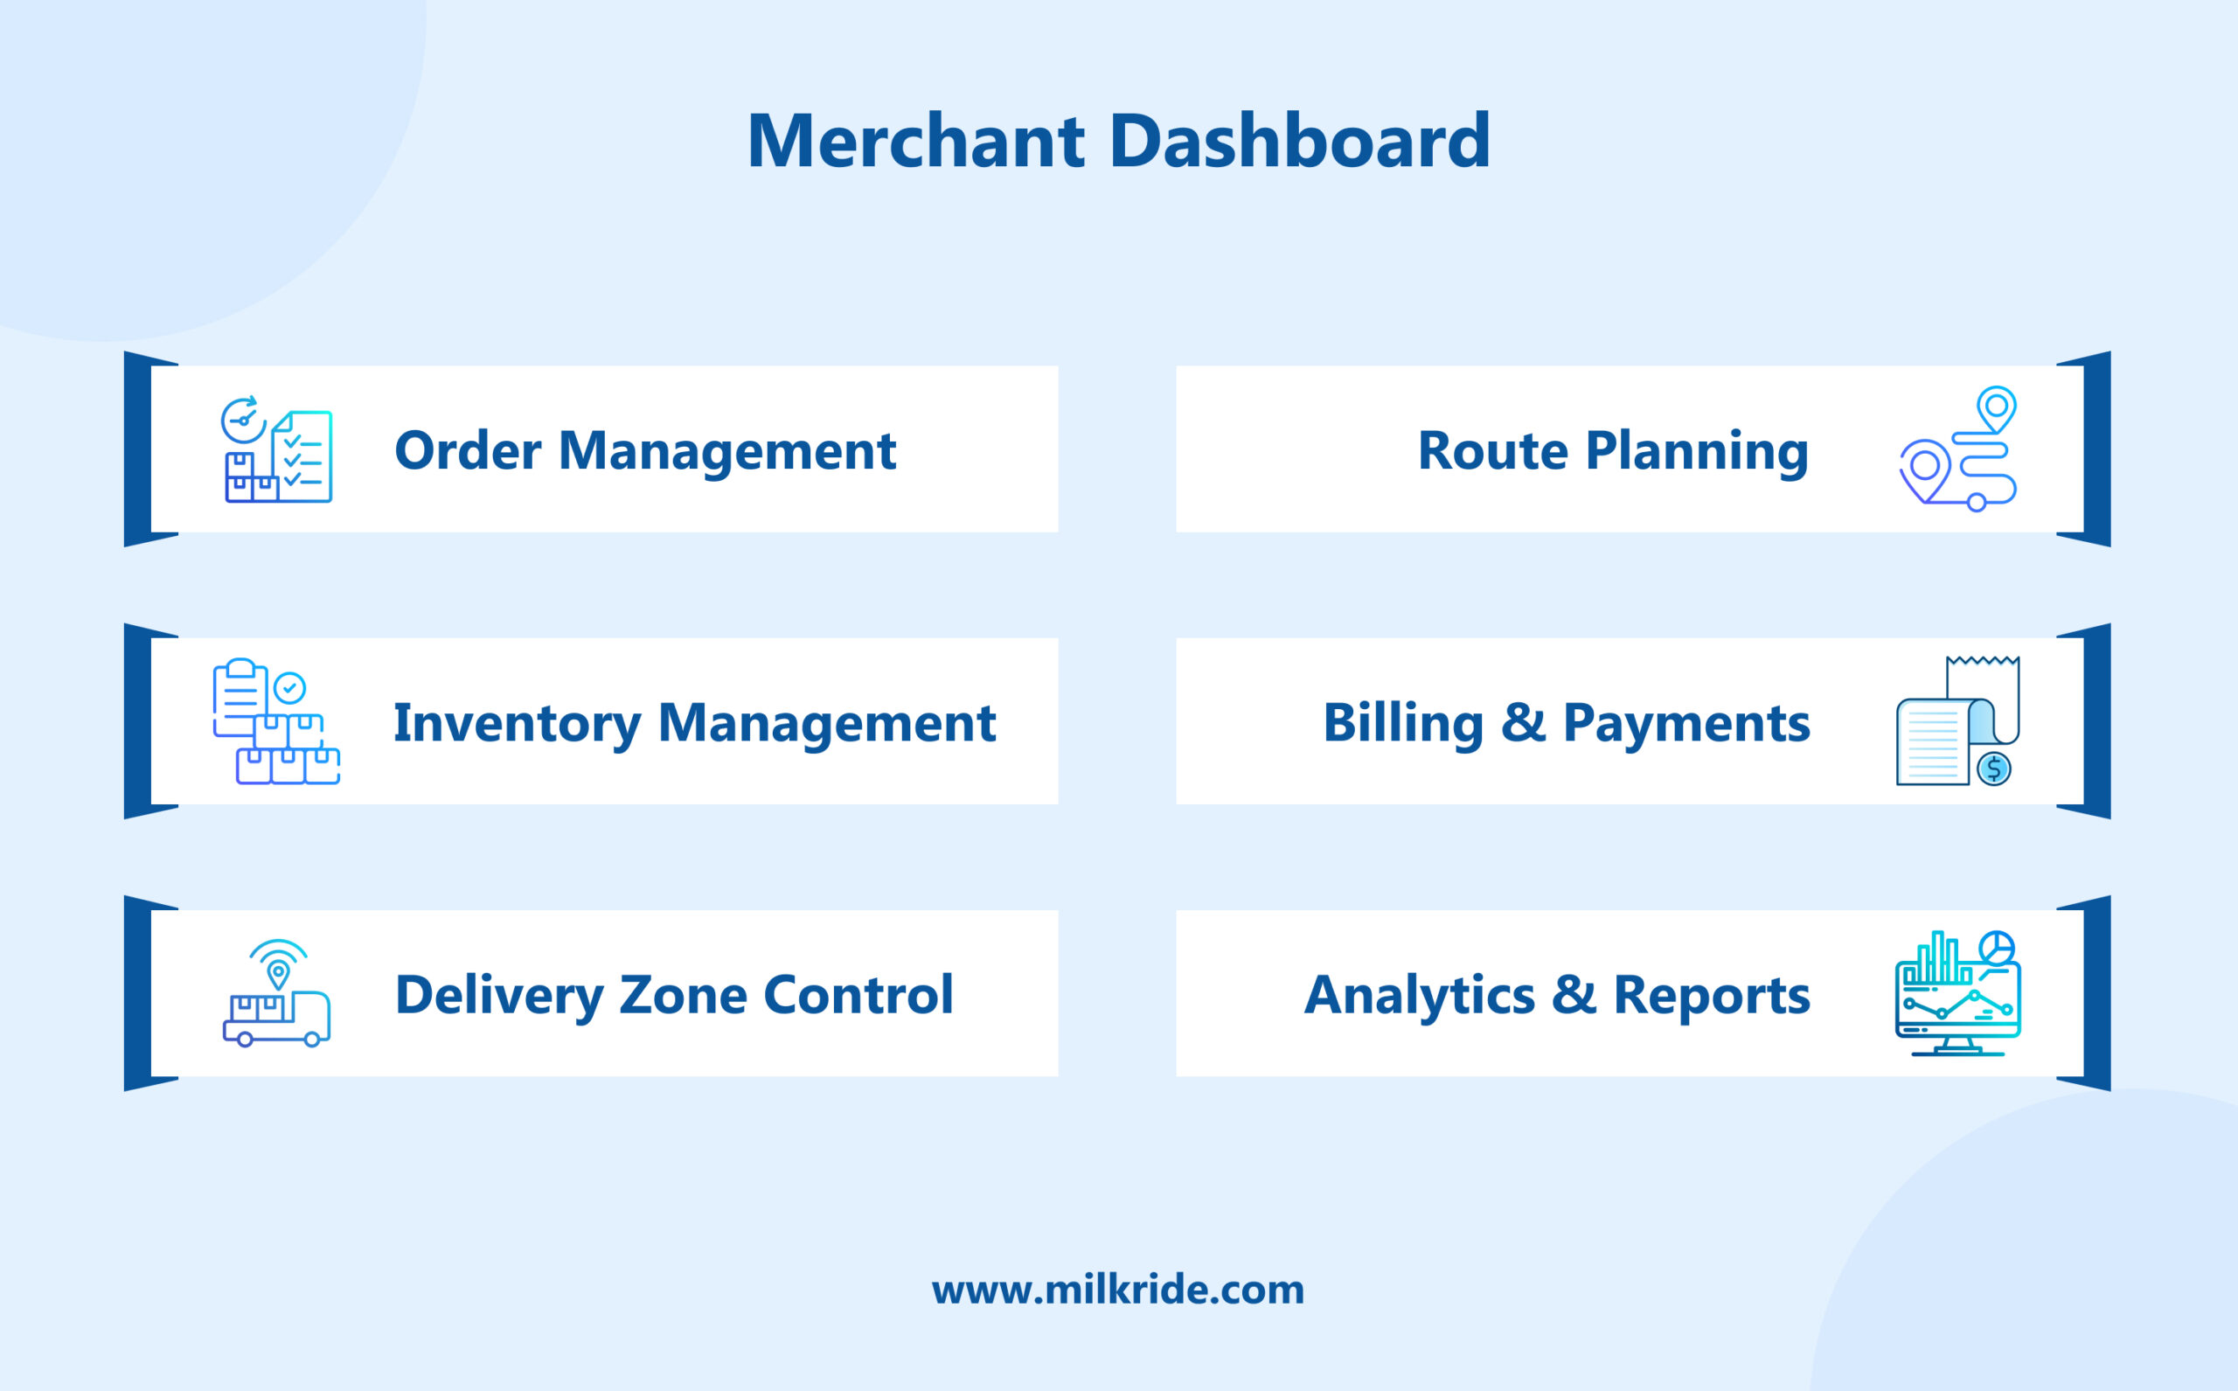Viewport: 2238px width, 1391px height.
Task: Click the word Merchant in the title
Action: [916, 141]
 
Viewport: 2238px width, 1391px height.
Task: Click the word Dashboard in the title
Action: [1300, 141]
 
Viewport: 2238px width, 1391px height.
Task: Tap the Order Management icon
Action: [278, 450]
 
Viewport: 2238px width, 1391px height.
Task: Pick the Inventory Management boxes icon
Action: [276, 722]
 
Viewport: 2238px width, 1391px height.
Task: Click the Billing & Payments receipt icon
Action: [1957, 722]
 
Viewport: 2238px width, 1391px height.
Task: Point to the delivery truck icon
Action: [276, 994]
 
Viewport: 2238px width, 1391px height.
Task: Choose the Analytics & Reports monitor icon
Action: [1957, 993]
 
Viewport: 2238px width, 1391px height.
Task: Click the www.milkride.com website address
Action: [1117, 1290]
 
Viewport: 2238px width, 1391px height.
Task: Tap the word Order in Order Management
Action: [469, 451]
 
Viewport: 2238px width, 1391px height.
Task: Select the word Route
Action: [1492, 451]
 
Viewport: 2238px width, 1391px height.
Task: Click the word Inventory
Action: [517, 723]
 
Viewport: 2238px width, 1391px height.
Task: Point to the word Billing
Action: [1403, 723]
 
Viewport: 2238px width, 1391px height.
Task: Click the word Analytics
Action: [1420, 996]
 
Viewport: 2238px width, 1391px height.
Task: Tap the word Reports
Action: [1711, 996]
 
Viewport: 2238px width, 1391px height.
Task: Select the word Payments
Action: [1686, 723]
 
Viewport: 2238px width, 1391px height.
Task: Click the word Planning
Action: [1696, 451]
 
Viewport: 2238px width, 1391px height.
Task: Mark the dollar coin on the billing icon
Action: [1993, 769]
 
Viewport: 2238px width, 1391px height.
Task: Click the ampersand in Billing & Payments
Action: [1522, 723]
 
